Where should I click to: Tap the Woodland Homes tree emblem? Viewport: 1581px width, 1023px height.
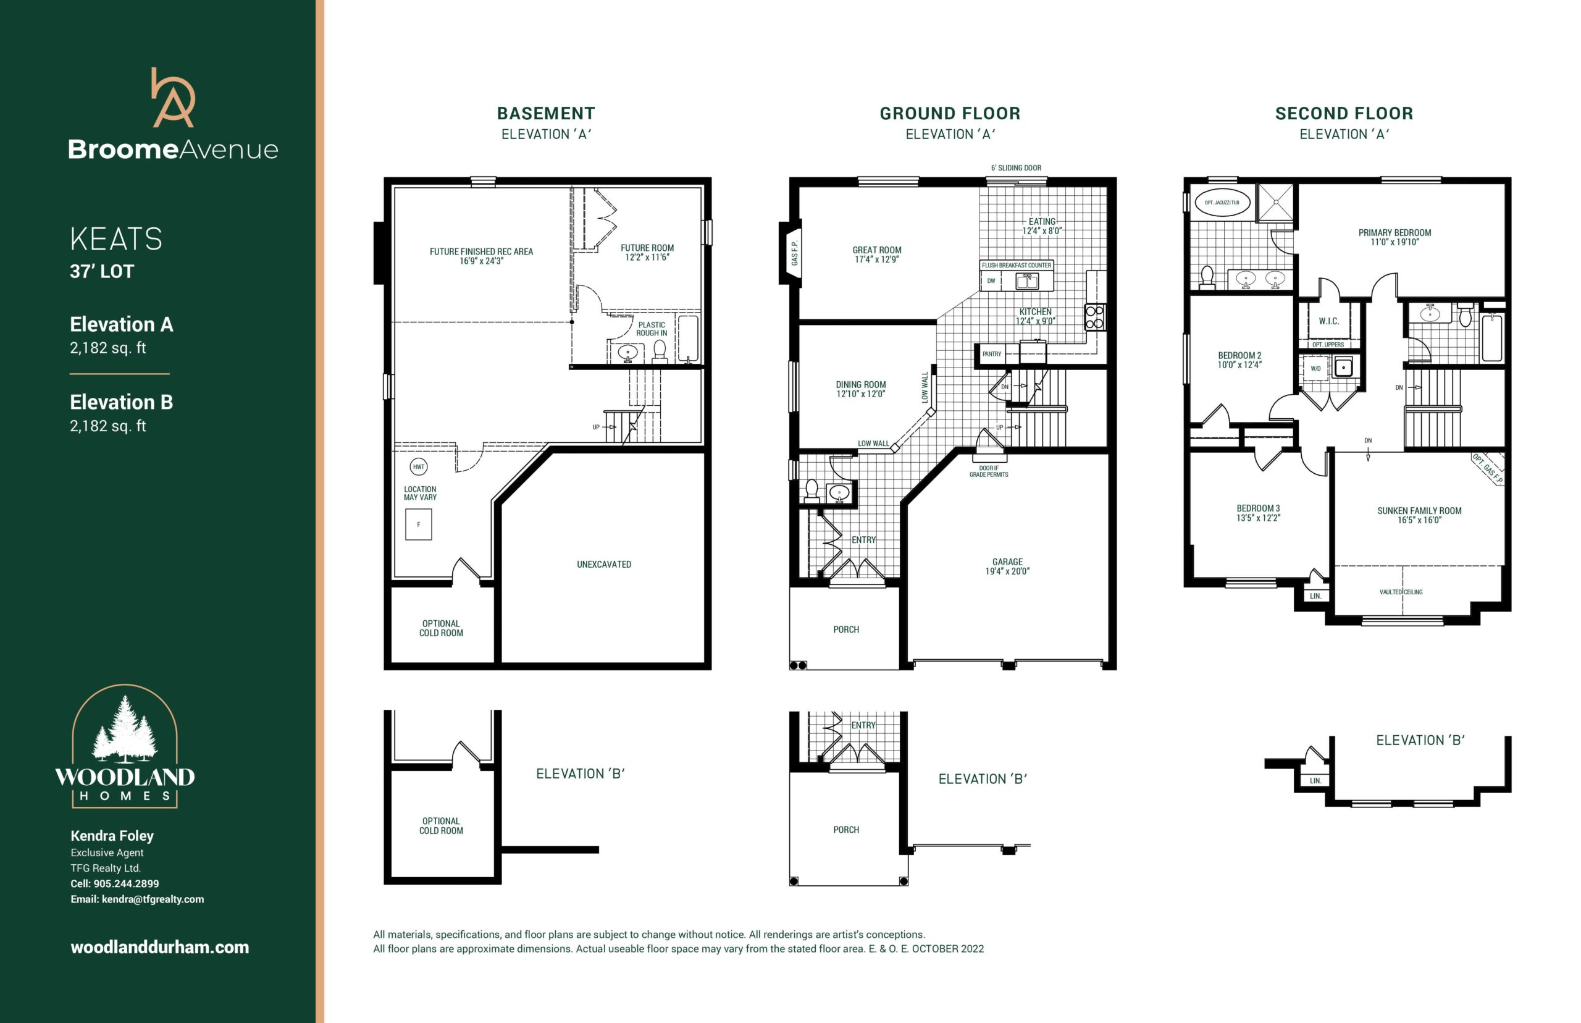coord(125,730)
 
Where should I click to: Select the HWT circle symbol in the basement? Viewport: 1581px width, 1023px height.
coord(418,466)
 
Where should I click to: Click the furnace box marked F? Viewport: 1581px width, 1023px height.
coord(418,524)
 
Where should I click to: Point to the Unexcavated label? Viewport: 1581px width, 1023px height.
coord(603,565)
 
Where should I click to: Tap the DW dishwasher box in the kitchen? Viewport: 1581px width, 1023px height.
coord(991,281)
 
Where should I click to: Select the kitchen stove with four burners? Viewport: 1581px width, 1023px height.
coord(1094,317)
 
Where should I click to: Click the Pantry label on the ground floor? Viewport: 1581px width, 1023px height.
coord(991,354)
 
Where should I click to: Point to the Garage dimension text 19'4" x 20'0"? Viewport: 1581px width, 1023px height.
coord(1007,571)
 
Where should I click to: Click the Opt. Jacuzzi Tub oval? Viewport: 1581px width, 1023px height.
coord(1222,203)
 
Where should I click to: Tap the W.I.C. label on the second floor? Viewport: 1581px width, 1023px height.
coord(1328,321)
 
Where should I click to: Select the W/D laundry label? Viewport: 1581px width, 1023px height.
coord(1315,368)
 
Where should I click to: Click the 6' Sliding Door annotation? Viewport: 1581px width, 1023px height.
coord(1016,168)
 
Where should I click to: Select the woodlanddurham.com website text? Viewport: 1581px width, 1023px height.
coord(160,947)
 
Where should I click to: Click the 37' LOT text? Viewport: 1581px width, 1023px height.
coord(102,271)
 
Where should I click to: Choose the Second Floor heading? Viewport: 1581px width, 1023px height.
coord(1344,114)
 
